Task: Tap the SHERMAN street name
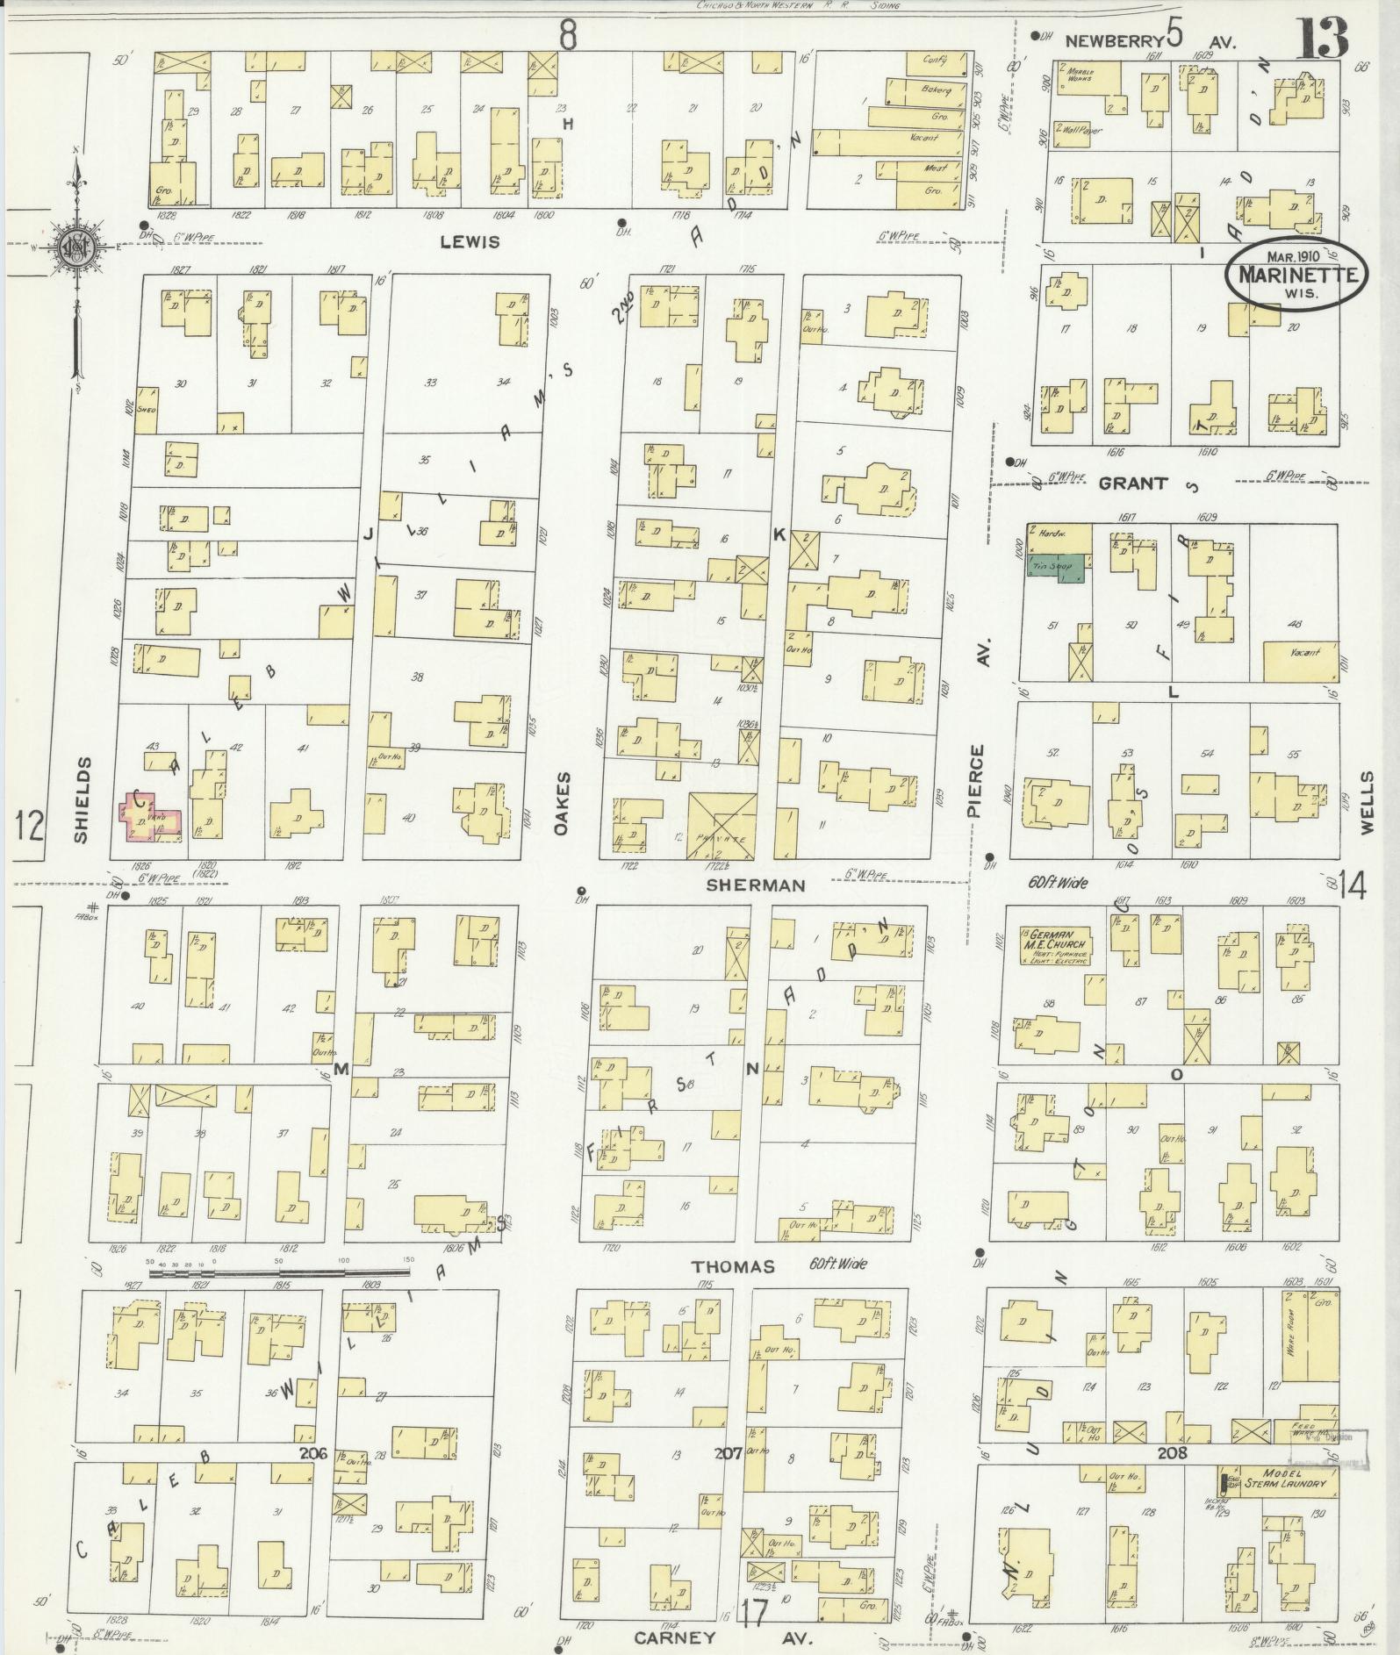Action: [756, 885]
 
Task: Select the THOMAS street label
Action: [733, 1266]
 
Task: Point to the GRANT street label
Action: [1133, 483]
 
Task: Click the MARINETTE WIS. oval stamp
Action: [1296, 274]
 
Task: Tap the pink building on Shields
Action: [151, 816]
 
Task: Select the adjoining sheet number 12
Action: [29, 826]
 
